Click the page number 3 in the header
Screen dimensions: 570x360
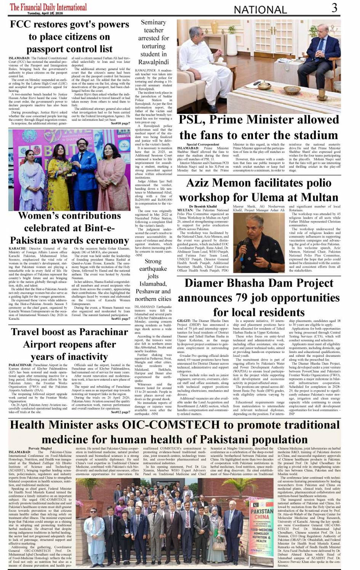point(334,8)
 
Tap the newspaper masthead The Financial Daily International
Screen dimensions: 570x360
point(48,7)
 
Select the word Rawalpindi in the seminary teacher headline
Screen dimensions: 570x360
point(153,62)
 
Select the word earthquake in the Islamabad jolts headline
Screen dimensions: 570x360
point(153,269)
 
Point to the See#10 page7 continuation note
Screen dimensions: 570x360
point(120,123)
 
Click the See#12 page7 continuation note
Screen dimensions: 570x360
point(120,412)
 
